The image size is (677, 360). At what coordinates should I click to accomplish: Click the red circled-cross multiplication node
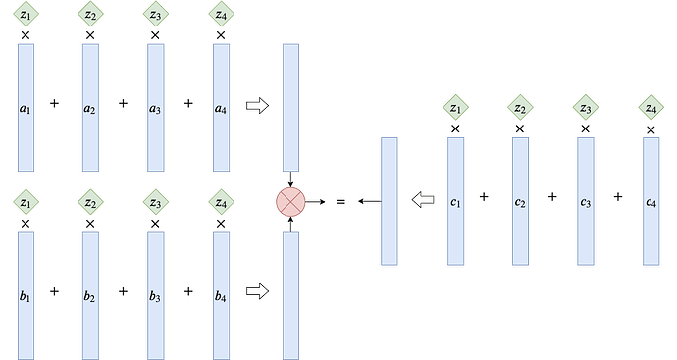coord(290,202)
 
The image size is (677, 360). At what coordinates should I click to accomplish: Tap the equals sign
coord(340,202)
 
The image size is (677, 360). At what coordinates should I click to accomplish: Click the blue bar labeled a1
coord(26,108)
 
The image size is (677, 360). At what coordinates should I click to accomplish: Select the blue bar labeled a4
coord(221,108)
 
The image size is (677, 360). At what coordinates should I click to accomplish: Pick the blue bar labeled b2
coord(90,295)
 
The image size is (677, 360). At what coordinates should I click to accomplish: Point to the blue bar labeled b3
coord(156,295)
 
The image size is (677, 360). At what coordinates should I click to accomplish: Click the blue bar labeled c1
coord(455,201)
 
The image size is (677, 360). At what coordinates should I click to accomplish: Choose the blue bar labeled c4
coord(651,201)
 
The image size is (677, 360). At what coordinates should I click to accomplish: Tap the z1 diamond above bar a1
coord(26,14)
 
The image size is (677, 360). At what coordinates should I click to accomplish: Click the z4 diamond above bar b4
coord(221,202)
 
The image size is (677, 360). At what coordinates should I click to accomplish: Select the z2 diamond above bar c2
coord(520,108)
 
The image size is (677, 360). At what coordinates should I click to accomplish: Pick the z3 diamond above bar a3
coord(156,14)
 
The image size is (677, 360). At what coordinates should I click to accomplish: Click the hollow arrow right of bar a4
coord(257,106)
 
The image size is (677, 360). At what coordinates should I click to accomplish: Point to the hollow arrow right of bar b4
coord(257,291)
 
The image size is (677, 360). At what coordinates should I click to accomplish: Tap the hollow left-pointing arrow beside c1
coord(423,199)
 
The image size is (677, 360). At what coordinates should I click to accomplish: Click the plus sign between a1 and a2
coord(54,103)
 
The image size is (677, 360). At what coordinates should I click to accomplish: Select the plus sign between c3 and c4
coord(618,197)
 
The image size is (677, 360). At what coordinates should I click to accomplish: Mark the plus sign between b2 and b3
coord(123,291)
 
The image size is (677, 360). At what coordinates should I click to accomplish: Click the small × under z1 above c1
coord(455,129)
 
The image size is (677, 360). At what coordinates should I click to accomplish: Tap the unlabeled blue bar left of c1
coord(389,201)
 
